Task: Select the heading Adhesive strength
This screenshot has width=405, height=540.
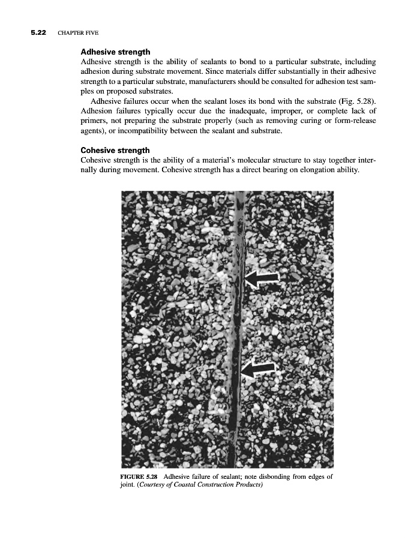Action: click(x=115, y=52)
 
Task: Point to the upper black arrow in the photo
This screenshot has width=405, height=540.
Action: click(x=263, y=277)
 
